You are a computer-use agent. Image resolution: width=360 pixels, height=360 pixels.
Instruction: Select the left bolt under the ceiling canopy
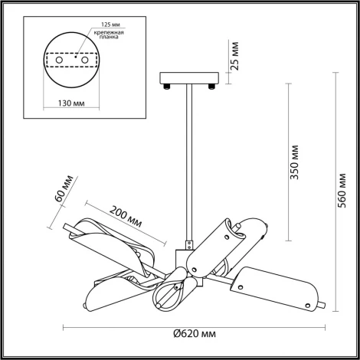[165, 87]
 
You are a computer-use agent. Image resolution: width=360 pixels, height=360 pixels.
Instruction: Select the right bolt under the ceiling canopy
[208, 87]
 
